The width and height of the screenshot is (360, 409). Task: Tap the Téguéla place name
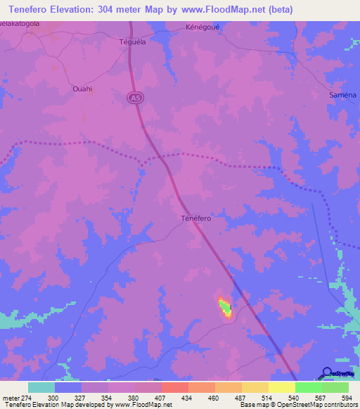point(132,41)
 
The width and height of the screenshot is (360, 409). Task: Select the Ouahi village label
point(83,89)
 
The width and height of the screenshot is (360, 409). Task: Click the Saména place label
point(344,94)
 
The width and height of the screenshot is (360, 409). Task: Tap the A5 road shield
point(134,100)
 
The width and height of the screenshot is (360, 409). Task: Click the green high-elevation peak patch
point(225,306)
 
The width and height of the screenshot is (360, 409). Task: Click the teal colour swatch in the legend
point(41,387)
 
